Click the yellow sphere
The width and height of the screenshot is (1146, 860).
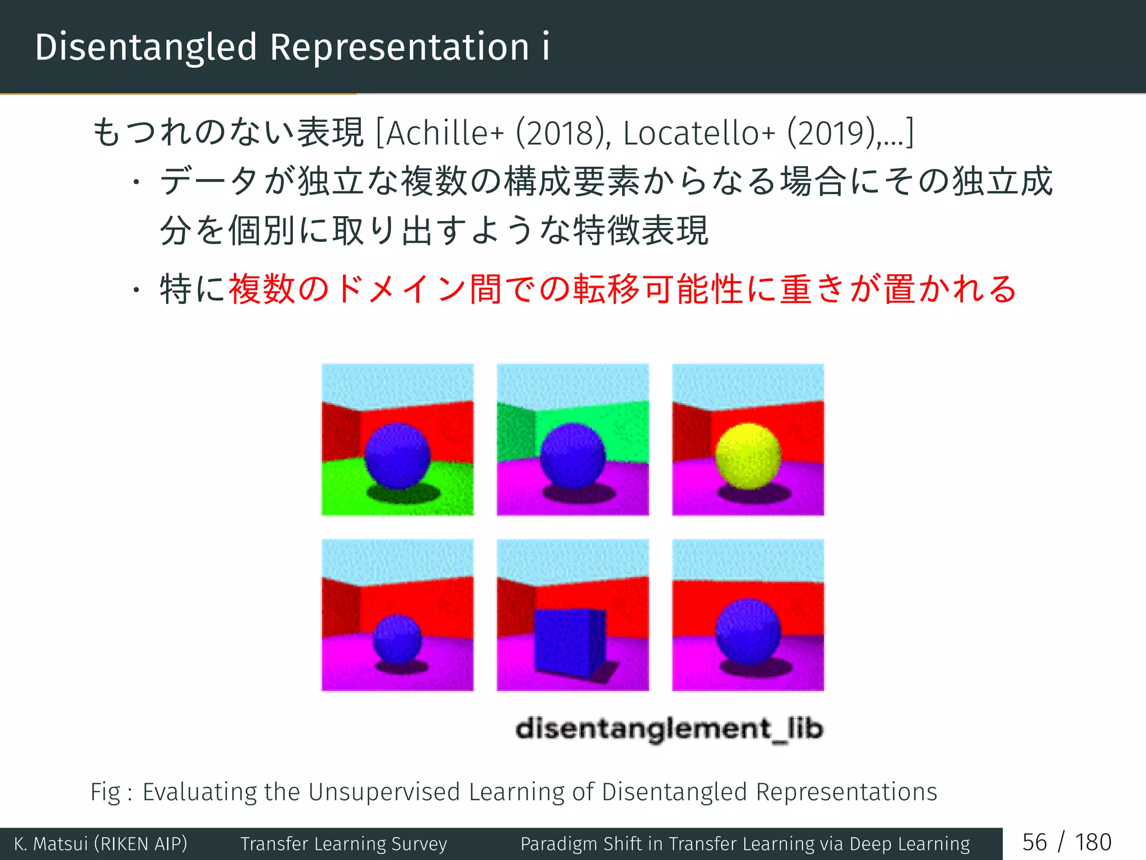(748, 456)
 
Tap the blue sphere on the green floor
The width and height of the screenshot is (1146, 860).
(397, 456)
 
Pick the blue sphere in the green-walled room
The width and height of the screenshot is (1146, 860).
(572, 456)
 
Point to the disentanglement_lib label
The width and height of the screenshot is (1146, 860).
(669, 729)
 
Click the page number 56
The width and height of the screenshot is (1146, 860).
(1034, 843)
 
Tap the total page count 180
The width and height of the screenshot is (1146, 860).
(1093, 843)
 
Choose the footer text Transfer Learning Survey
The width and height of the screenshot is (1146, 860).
(344, 844)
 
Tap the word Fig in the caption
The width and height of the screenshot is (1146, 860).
(105, 792)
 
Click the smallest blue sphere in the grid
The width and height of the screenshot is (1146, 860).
(397, 638)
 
